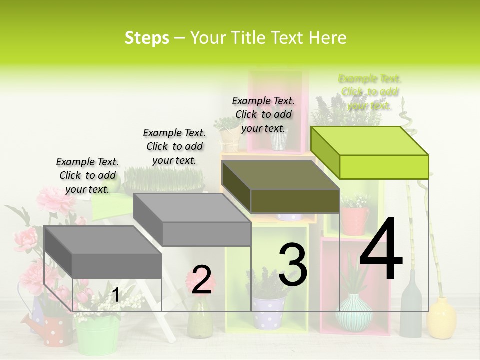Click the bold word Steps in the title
(x=147, y=38)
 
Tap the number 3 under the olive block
(x=293, y=265)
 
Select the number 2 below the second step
(x=201, y=280)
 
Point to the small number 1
(x=115, y=295)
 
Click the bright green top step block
(x=370, y=153)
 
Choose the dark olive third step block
(x=281, y=187)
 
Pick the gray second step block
(x=192, y=220)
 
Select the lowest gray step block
(x=103, y=252)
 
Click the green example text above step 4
(x=369, y=92)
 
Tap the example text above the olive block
(x=263, y=114)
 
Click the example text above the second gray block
(x=174, y=146)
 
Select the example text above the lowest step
(x=87, y=175)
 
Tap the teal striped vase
(x=354, y=313)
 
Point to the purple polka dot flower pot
(x=268, y=312)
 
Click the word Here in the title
(x=327, y=38)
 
